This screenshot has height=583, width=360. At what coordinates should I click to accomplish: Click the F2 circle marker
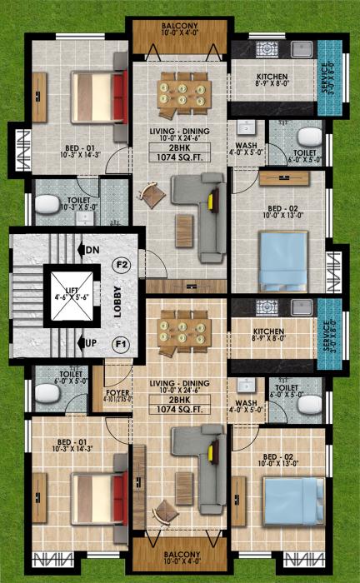point(121,267)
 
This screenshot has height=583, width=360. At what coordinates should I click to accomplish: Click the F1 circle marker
point(121,342)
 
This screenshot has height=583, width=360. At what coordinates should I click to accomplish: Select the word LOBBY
point(119,304)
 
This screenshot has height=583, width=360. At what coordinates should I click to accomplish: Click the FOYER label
point(116,391)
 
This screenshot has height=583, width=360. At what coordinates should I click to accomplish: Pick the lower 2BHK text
point(179,399)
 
